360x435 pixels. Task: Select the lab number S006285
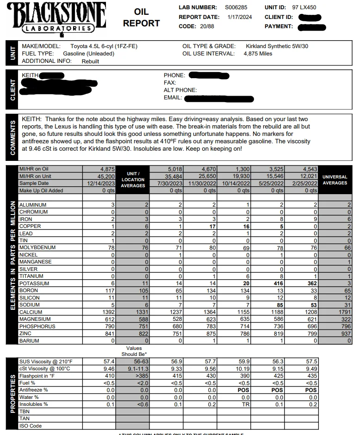pyautogui.click(x=236, y=7)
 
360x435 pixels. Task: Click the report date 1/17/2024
pyautogui.click(x=239, y=17)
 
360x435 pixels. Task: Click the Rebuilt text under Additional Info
pyautogui.click(x=90, y=61)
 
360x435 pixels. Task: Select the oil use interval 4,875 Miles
pyautogui.click(x=258, y=54)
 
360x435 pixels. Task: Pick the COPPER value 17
pyautogui.click(x=212, y=227)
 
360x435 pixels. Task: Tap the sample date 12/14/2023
pyautogui.click(x=102, y=183)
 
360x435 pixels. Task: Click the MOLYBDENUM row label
pyautogui.click(x=37, y=248)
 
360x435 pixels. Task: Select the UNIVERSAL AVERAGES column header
pyautogui.click(x=335, y=180)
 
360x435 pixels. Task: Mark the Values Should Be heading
pyautogui.click(x=133, y=351)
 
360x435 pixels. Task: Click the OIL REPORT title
pyautogui.click(x=141, y=18)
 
